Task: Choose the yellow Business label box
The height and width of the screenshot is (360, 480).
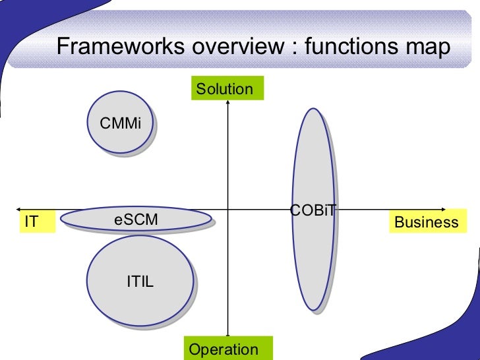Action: [427, 222]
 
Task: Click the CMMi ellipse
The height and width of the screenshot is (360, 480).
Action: [121, 123]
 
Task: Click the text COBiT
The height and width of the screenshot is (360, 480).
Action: [313, 210]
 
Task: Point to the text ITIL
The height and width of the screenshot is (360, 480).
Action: [140, 282]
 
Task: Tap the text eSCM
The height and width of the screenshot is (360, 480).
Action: [136, 220]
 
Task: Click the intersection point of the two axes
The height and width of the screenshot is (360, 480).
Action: [227, 210]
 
